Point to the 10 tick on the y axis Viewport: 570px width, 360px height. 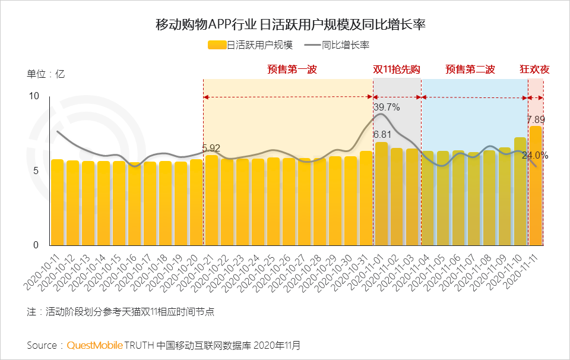tap(34, 96)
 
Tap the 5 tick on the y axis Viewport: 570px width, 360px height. tap(36, 170)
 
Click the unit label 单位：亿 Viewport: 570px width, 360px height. tap(46, 74)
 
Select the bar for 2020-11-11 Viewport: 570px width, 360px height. tap(536, 185)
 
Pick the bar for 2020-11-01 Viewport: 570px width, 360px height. tap(381, 194)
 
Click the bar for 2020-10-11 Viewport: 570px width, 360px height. tap(57, 202)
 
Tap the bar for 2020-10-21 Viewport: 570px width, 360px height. tap(211, 200)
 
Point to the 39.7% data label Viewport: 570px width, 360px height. tap(387, 108)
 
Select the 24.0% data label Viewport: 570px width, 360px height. tap(535, 156)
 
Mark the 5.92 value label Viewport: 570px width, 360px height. tap(211, 149)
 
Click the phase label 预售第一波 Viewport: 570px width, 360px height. tap(292, 70)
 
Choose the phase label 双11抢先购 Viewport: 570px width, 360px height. tap(397, 70)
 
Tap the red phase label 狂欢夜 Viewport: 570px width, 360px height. tap(534, 70)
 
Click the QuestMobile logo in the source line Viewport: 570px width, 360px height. tap(95, 345)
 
